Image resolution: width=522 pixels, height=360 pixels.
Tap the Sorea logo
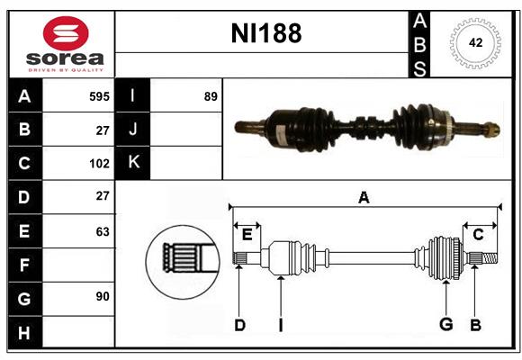tap(66, 45)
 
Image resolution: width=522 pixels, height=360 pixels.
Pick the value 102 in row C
tap(99, 164)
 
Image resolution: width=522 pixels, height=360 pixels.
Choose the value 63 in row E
tap(102, 231)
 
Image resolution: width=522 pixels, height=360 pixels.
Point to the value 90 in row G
tap(102, 295)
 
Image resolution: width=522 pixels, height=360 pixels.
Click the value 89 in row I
tap(211, 95)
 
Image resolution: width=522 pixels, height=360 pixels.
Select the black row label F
tap(24, 265)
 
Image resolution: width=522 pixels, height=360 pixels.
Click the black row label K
tap(133, 163)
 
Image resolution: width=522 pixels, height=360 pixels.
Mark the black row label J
tap(133, 130)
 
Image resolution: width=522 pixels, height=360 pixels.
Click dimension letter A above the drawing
tap(364, 198)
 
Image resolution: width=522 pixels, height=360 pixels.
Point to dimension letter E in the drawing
tap(247, 235)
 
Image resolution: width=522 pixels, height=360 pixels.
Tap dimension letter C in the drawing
tap(479, 235)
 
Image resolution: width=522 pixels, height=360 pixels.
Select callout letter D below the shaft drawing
tap(239, 325)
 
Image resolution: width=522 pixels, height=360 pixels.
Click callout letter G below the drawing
tap(445, 325)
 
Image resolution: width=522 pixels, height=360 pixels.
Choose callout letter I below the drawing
tap(280, 325)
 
